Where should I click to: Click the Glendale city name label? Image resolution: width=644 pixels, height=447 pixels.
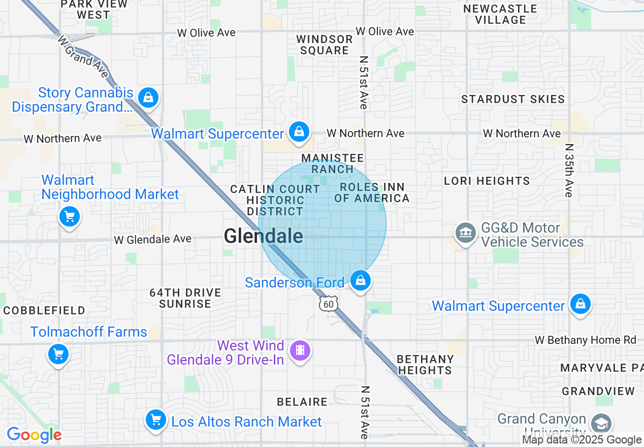click(x=263, y=236)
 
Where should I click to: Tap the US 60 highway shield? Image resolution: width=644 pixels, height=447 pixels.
click(x=329, y=304)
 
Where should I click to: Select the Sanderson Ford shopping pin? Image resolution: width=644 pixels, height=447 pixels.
click(x=361, y=280)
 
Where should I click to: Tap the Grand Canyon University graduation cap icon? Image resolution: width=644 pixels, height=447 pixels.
click(x=601, y=423)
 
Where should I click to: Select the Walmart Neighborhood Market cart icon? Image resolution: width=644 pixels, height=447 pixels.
click(x=69, y=217)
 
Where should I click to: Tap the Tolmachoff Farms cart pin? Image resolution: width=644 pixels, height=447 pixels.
click(x=58, y=354)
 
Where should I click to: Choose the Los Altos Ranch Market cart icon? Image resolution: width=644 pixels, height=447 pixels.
click(x=156, y=420)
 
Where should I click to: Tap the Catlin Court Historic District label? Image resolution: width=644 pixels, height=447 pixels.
click(x=275, y=200)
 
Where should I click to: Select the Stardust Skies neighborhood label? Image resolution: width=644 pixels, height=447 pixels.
click(x=512, y=99)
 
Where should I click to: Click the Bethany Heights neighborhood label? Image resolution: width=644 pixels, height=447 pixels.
click(x=425, y=365)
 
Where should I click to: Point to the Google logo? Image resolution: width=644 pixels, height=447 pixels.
click(x=34, y=435)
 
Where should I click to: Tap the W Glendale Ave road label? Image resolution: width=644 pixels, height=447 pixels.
click(x=153, y=239)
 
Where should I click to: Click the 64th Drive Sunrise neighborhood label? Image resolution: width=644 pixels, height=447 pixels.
click(x=185, y=298)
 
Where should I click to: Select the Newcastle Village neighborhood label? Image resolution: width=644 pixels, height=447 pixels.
click(x=500, y=14)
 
